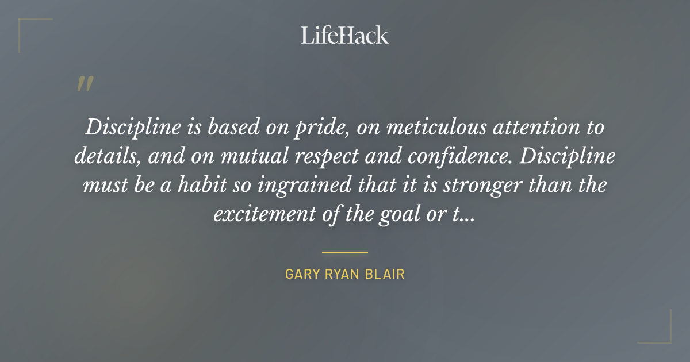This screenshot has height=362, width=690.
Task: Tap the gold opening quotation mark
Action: (85, 84)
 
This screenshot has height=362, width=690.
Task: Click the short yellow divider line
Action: (345, 252)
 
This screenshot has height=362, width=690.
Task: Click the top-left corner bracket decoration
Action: (26, 26)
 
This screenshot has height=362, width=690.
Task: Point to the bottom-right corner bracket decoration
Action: (664, 336)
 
